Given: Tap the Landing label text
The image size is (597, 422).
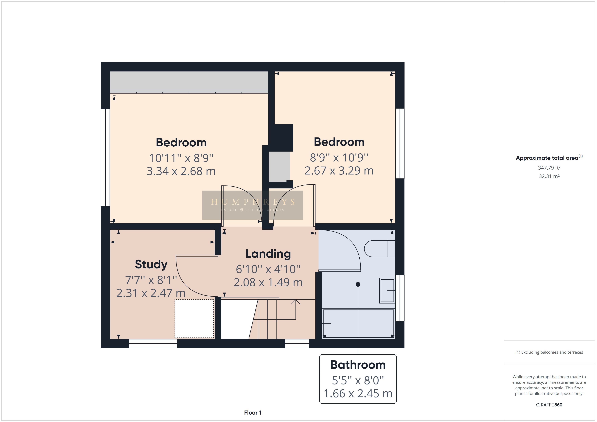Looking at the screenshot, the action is (x=268, y=254).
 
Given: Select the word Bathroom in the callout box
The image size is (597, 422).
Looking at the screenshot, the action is (x=358, y=365).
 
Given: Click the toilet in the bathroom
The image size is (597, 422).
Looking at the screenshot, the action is (x=379, y=249).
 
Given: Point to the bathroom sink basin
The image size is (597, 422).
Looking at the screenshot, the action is (x=387, y=290).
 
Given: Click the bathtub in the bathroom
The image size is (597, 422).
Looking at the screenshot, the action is (x=358, y=323).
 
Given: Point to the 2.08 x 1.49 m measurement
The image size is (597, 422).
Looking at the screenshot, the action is (x=268, y=283).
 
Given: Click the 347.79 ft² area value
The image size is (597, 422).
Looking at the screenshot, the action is (x=549, y=168).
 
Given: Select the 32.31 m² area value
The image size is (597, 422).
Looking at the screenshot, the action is (x=549, y=176).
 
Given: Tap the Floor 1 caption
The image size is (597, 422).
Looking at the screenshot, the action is (x=252, y=413).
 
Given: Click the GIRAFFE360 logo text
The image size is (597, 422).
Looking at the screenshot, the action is (x=549, y=405).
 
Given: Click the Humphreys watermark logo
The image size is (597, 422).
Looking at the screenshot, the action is (x=252, y=205).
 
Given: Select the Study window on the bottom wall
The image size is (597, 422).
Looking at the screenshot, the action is (x=153, y=344).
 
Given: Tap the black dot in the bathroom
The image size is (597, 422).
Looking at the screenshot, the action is (x=358, y=284).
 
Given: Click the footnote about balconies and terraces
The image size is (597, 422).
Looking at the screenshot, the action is (x=549, y=352).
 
